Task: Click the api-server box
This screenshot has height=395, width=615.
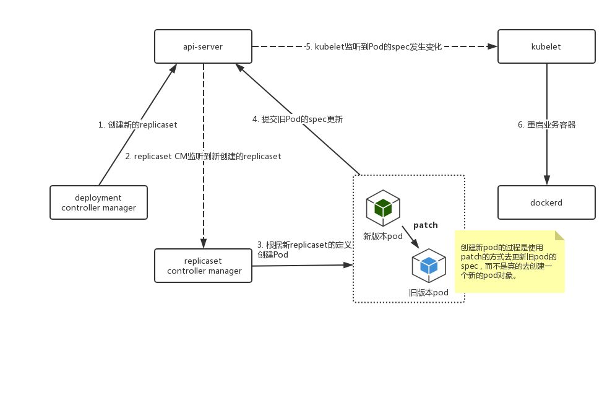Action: [x=203, y=46]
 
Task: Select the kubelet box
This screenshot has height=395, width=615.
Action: [x=546, y=46]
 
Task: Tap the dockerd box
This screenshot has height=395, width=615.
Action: [x=546, y=202]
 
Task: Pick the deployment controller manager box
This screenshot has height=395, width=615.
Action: [x=99, y=202]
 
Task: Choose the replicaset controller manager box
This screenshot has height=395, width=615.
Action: [x=203, y=266]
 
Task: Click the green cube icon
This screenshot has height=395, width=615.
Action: [x=383, y=207]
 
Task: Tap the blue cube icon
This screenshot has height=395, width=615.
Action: [x=429, y=266]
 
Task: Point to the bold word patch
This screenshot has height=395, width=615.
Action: [x=426, y=225]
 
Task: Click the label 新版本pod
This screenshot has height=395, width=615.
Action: [x=383, y=237]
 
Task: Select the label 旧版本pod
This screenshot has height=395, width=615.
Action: [x=428, y=293]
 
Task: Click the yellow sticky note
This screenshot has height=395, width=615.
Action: [x=509, y=261]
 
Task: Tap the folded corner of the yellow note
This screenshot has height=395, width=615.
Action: [x=560, y=235]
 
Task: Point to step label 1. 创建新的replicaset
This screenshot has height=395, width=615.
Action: [x=138, y=125]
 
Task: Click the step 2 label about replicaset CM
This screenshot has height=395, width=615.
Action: [x=203, y=156]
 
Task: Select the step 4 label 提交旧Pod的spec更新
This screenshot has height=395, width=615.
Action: [x=298, y=119]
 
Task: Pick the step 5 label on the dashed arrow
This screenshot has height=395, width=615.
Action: [x=374, y=46]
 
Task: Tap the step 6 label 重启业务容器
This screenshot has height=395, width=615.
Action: [x=547, y=125]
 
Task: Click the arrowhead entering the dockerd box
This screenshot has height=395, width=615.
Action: [x=547, y=180]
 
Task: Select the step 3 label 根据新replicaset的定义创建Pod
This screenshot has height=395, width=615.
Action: [x=304, y=250]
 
